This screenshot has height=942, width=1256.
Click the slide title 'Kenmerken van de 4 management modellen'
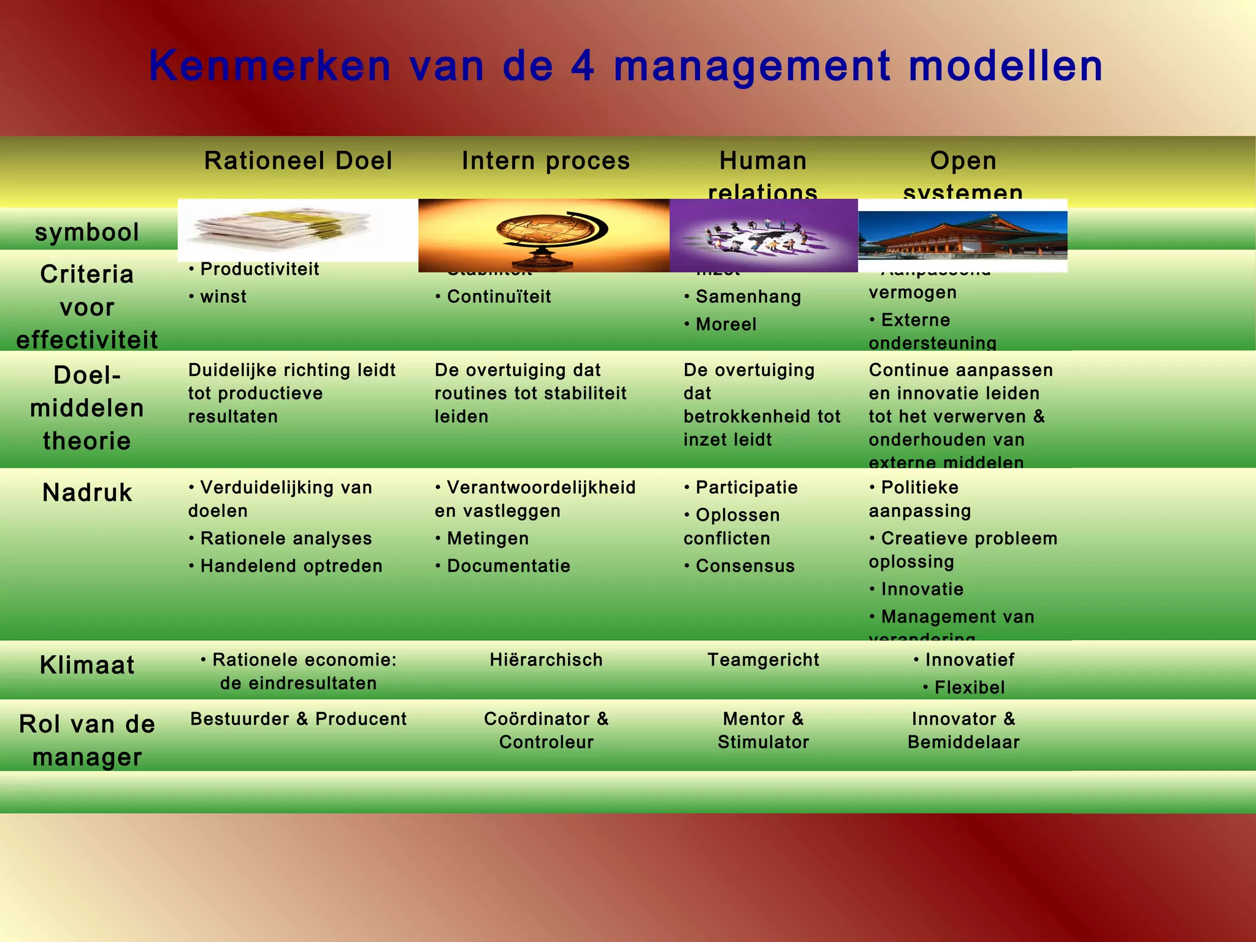626,66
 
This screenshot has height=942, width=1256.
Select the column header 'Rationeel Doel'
298,161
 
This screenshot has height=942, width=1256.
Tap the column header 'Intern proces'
546,161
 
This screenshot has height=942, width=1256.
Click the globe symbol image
544,235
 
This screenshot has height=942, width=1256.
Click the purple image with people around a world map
764,235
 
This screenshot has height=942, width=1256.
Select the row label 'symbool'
87,232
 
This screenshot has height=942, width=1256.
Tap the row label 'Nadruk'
87,492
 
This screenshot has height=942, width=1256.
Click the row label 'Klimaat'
87,665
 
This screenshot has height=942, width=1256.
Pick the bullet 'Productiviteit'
259,269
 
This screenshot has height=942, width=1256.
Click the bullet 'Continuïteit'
499,297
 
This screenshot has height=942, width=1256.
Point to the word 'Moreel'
726,324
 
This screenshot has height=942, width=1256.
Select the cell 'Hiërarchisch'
546,660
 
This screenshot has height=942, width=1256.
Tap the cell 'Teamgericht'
764,660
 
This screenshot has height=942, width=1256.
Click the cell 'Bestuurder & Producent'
298,719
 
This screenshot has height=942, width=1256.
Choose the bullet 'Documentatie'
508,566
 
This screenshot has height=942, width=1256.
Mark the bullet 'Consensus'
745,566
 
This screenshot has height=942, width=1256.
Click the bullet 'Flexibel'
969,687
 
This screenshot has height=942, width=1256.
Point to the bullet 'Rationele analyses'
286,538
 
